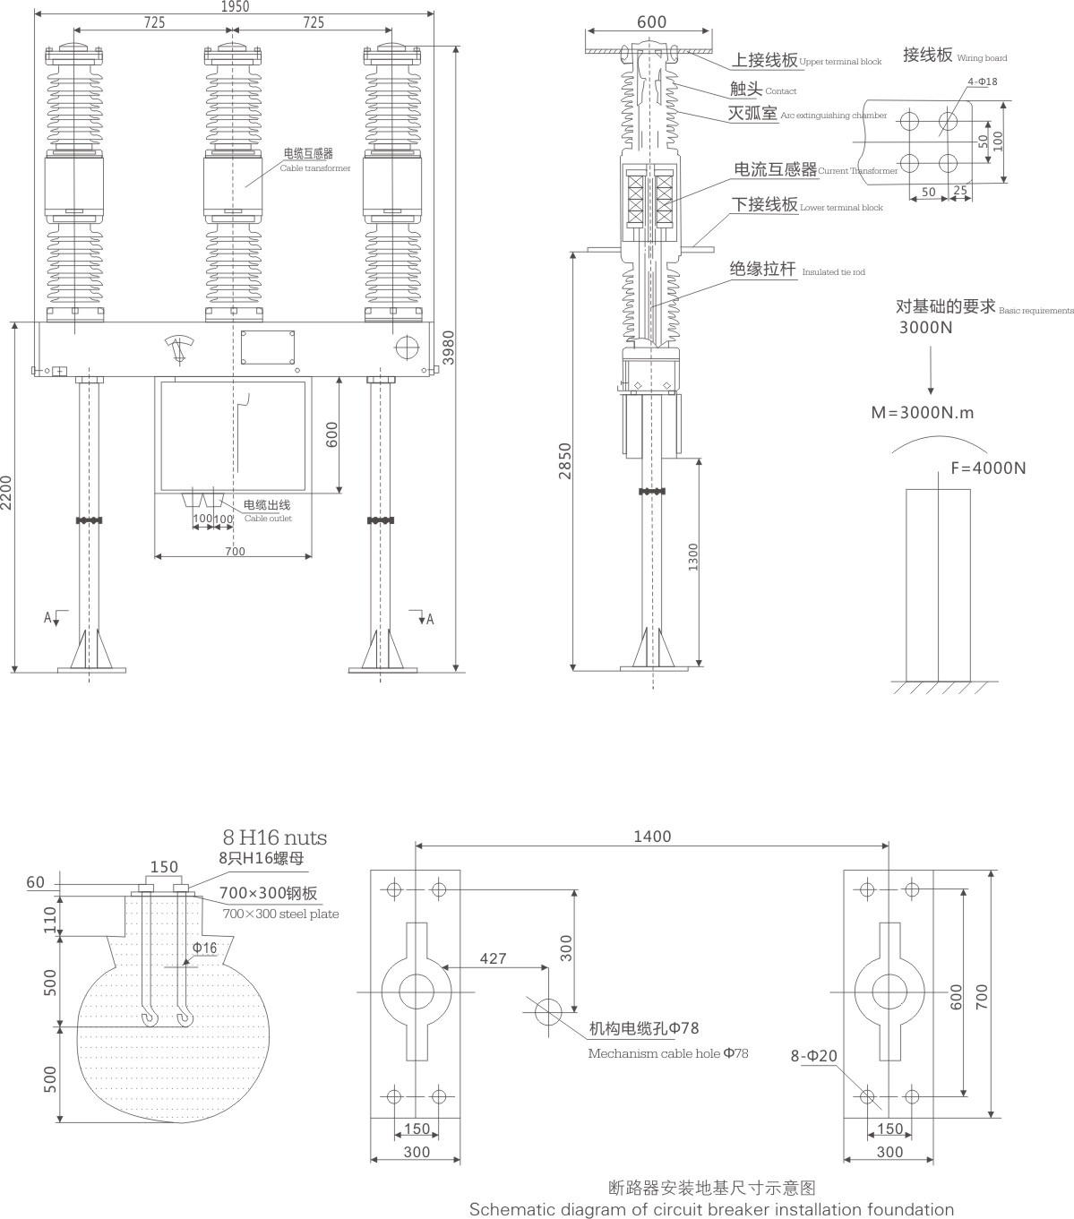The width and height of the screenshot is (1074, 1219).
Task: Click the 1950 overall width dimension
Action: [234, 6]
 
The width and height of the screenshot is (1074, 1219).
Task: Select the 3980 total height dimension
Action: [448, 350]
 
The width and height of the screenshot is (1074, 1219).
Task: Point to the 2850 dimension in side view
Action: [564, 460]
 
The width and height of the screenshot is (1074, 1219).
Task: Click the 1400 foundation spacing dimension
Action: [651, 837]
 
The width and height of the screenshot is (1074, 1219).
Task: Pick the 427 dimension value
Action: [493, 958]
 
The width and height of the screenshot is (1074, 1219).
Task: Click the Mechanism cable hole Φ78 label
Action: [667, 1053]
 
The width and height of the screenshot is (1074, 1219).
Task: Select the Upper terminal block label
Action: [840, 62]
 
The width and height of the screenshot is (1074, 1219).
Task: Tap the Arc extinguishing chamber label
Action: [833, 116]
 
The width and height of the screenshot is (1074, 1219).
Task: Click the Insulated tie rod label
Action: [833, 272]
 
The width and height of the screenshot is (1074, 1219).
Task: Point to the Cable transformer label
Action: [314, 168]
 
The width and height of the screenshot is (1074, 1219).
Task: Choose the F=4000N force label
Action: [988, 468]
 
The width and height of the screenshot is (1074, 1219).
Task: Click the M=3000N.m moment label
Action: [923, 413]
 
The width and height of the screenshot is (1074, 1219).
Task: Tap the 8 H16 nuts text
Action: [274, 838]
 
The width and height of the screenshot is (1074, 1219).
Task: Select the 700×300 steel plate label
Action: [280, 914]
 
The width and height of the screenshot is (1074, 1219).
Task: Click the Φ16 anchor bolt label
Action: [204, 948]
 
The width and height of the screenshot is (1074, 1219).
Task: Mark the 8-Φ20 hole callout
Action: [813, 1056]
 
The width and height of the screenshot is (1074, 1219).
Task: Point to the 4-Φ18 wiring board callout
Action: [982, 82]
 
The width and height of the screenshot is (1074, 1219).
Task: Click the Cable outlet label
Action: [268, 519]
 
